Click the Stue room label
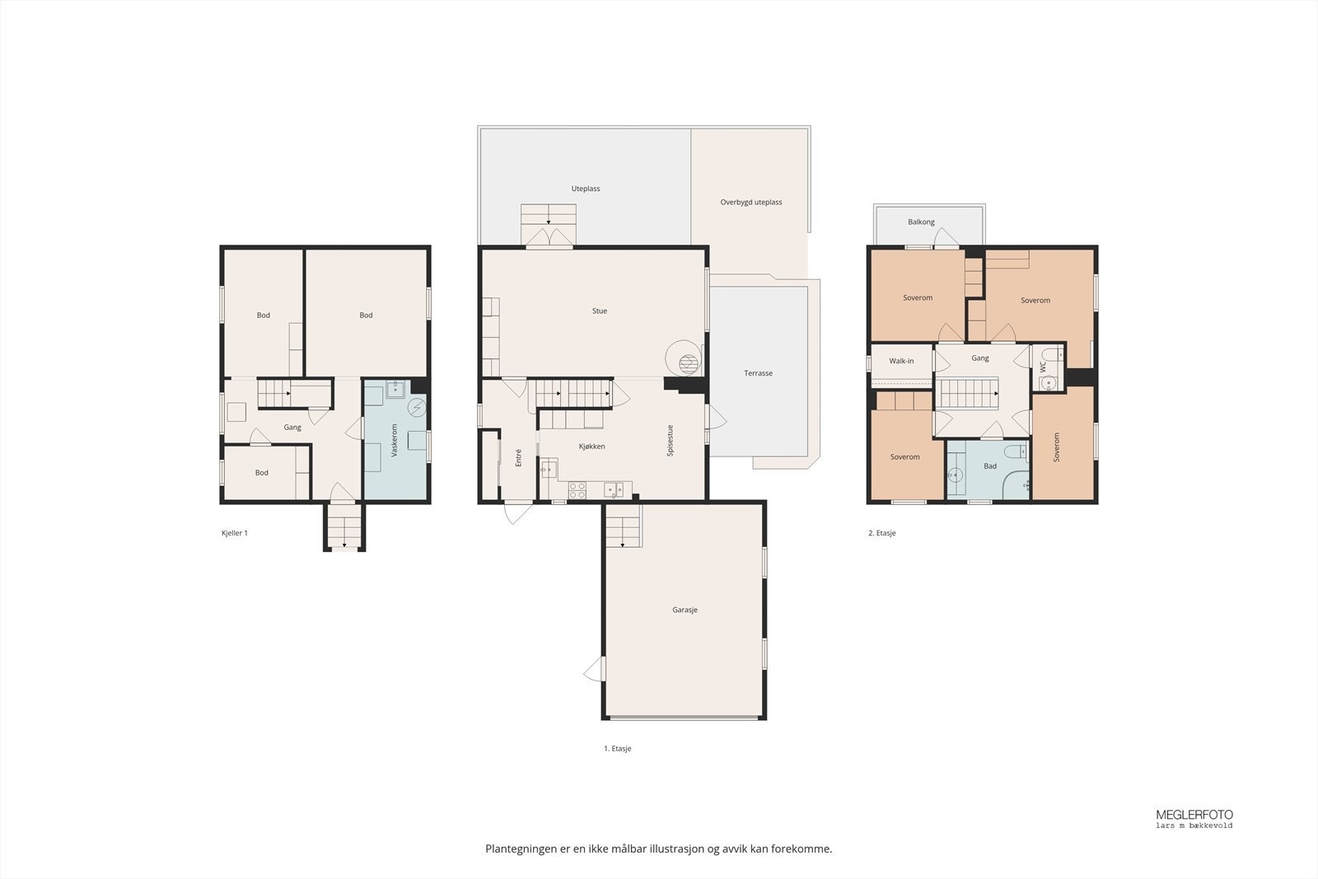click(600, 311)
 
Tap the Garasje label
click(685, 610)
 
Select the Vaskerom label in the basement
click(395, 440)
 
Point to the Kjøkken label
click(592, 446)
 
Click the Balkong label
click(921, 222)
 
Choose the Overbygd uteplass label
click(750, 202)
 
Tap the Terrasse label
click(758, 373)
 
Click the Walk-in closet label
click(901, 361)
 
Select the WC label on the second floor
click(1043, 367)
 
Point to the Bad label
click(990, 466)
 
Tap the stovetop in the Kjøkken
click(577, 490)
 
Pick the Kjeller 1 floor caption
click(234, 533)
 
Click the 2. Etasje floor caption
click(882, 533)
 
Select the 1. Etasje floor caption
click(617, 748)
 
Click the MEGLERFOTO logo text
click(1194, 815)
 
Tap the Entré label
click(518, 458)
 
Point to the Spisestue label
click(670, 440)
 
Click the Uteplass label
click(586, 189)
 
